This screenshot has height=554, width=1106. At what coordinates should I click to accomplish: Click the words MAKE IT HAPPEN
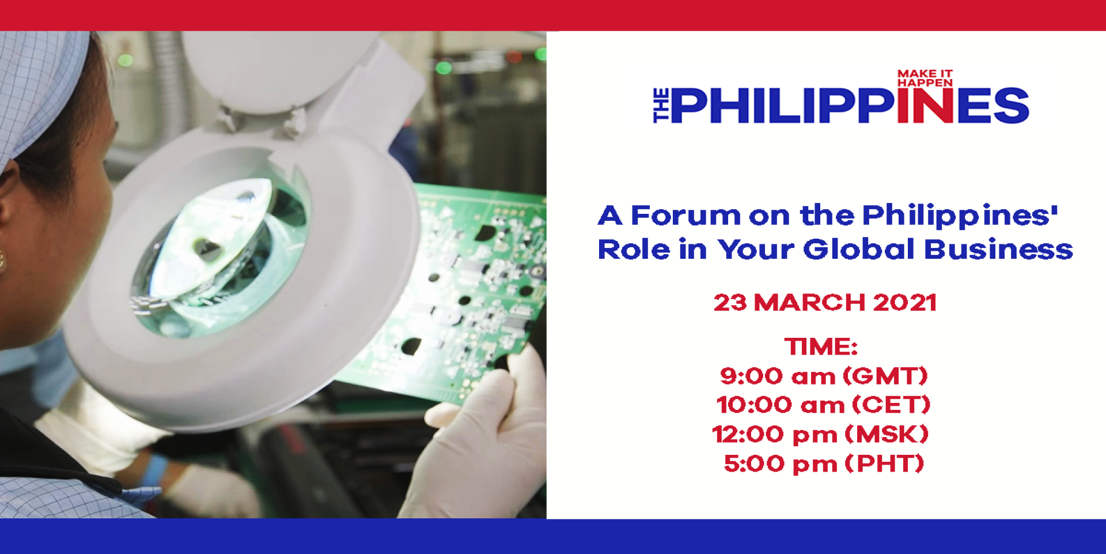(x=925, y=78)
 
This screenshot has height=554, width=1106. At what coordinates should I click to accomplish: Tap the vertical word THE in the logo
(x=661, y=105)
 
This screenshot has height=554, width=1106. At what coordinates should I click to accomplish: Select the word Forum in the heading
(x=685, y=216)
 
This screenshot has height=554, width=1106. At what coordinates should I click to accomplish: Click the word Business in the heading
(x=999, y=250)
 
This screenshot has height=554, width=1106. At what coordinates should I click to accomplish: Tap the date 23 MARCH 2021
(x=825, y=303)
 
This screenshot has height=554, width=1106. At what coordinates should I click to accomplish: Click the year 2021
(x=904, y=303)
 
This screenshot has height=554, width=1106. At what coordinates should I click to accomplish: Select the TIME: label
(x=821, y=346)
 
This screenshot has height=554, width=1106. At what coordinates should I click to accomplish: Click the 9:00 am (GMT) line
(x=824, y=376)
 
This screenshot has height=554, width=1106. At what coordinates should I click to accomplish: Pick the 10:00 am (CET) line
(x=824, y=405)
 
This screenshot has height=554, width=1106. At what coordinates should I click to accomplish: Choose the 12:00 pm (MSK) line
(x=821, y=435)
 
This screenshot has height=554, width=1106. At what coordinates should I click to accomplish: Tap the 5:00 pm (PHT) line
(x=824, y=464)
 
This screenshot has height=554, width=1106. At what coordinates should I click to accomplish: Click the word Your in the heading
(x=756, y=250)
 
